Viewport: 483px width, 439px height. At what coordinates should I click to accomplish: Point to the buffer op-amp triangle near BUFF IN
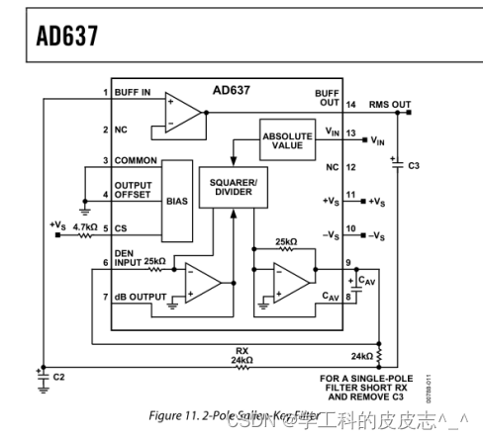(x=182, y=112)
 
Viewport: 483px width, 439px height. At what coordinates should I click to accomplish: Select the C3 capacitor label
(x=413, y=165)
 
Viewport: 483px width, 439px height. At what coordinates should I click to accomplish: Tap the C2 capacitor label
(x=58, y=378)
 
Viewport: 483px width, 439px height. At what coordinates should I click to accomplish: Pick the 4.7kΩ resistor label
(x=86, y=226)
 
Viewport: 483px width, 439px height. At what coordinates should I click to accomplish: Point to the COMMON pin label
(x=137, y=160)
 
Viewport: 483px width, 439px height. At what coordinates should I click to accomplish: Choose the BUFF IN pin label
(x=133, y=92)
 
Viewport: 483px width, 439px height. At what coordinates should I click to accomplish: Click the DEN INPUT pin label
(x=128, y=256)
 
